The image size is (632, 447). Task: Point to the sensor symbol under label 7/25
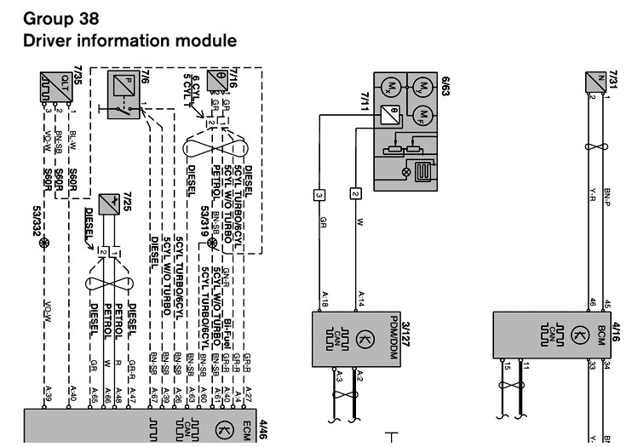tap(107, 204)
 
